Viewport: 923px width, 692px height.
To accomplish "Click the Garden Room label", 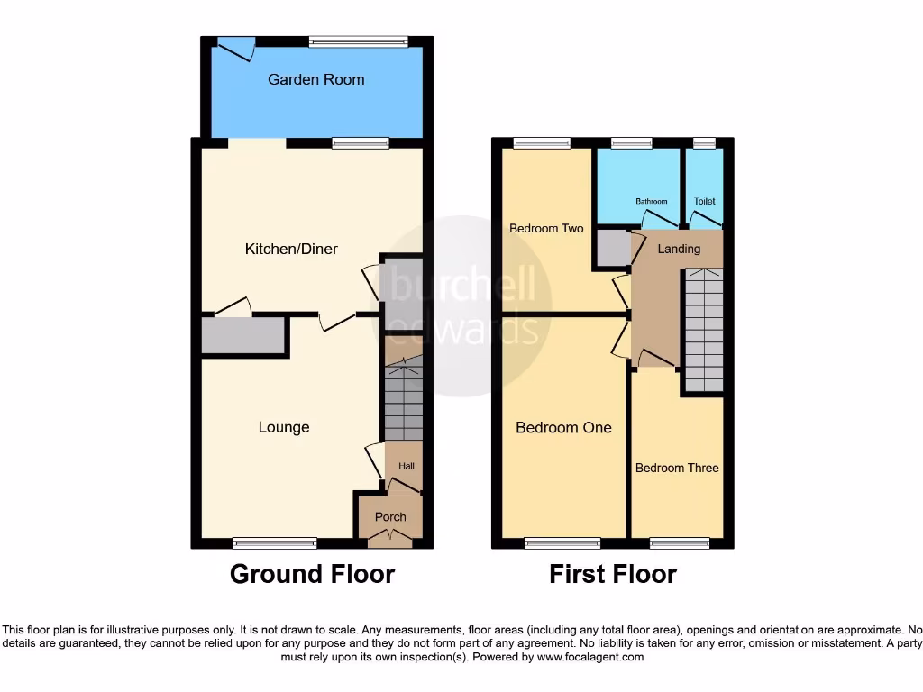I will (315, 79).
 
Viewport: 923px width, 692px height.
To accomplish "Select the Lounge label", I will (284, 427).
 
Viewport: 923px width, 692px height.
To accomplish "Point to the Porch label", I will (390, 517).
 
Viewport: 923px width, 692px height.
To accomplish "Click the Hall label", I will (407, 467).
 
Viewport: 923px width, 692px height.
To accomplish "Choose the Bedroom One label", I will (563, 427).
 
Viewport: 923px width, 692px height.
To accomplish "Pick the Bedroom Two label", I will (546, 228).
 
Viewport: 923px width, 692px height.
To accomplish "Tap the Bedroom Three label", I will (677, 468).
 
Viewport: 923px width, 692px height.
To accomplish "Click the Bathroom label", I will (651, 201).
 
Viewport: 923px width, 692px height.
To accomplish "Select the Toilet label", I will (705, 201).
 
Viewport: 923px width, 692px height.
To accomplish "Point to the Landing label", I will (679, 249).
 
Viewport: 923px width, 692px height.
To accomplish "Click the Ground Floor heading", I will (312, 574).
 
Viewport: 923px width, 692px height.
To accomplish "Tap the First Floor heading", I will (613, 574).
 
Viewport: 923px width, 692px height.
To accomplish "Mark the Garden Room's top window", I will (357, 41).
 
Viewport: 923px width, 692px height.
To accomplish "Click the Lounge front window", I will (275, 542).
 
